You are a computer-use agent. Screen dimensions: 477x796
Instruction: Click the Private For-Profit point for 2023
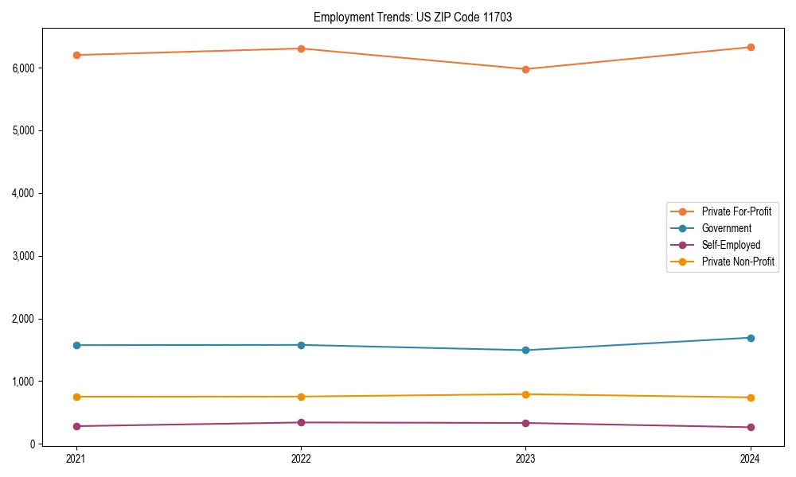(525, 69)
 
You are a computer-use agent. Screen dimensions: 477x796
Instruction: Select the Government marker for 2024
(750, 338)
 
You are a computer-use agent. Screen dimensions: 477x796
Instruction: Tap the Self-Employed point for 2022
(301, 422)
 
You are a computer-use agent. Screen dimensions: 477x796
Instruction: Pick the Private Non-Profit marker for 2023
(525, 394)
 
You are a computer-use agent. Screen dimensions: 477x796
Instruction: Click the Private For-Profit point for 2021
(76, 55)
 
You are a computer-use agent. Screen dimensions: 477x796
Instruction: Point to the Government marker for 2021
(76, 345)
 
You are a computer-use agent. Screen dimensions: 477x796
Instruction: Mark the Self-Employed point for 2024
(750, 427)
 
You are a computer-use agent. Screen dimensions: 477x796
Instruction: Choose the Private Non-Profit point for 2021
(76, 397)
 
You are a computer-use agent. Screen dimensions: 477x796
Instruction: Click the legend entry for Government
(726, 228)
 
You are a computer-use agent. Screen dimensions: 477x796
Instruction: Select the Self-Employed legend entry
(731, 245)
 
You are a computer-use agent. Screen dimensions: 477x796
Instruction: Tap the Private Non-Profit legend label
(738, 262)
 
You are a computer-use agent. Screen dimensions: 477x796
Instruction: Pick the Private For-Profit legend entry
(736, 211)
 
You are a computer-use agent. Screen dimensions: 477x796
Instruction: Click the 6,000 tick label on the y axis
(25, 68)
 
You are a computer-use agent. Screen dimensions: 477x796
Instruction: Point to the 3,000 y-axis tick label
(25, 256)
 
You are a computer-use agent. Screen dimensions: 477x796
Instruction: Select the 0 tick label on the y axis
(34, 444)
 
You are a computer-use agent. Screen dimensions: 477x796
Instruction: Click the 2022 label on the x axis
(301, 459)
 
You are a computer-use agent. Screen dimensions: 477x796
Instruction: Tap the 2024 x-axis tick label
(750, 459)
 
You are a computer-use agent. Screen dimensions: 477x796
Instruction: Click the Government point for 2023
(525, 350)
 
